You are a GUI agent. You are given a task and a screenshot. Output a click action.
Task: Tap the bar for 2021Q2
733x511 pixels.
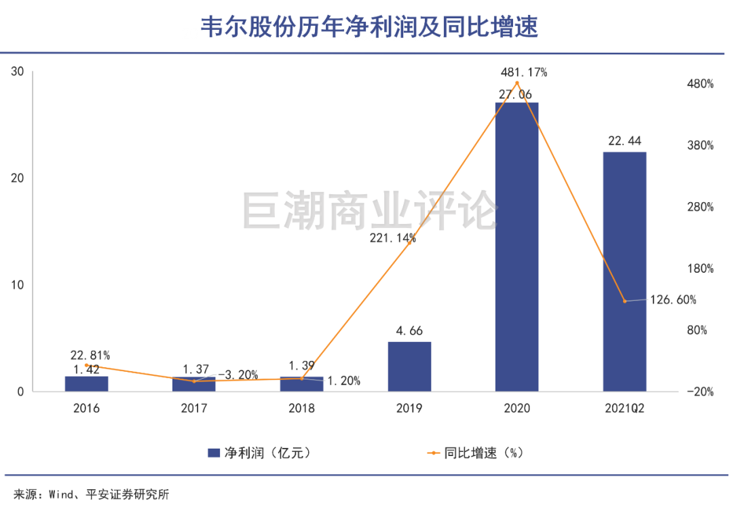(624, 271)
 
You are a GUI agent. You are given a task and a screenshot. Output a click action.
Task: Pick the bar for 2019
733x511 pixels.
(409, 366)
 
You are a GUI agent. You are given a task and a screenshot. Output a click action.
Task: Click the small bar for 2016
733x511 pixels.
(86, 383)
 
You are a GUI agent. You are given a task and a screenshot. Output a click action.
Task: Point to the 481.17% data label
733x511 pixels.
(523, 71)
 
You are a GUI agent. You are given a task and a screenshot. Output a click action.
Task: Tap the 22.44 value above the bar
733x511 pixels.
(624, 140)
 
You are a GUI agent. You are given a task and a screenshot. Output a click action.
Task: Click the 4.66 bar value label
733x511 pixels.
(409, 331)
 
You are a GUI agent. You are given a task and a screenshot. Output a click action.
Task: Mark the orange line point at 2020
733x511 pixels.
(517, 83)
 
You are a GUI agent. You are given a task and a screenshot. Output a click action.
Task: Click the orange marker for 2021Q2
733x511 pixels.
(624, 301)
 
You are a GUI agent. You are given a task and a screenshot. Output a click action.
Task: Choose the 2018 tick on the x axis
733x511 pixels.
(301, 409)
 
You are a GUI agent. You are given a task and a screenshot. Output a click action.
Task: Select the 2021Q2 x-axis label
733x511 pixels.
(624, 409)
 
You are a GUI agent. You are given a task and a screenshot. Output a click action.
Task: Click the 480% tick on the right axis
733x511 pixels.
(700, 84)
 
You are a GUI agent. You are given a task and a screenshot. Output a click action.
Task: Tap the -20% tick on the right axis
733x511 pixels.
(700, 392)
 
